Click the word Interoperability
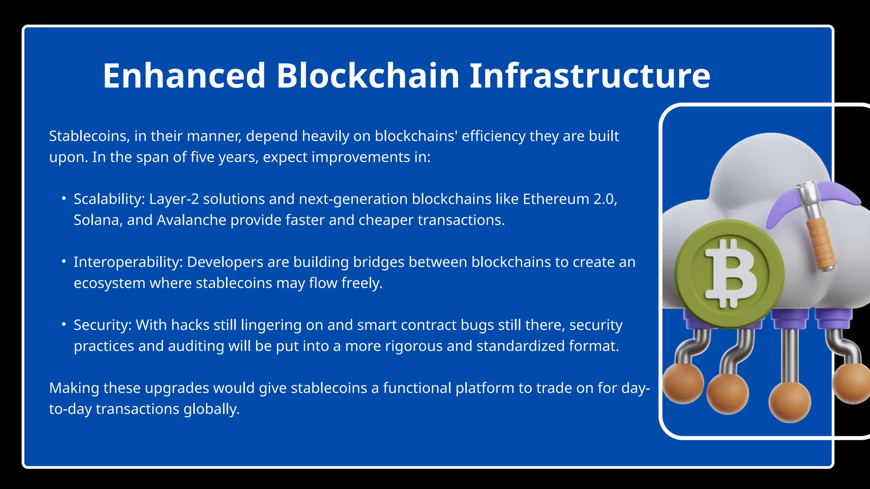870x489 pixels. pyautogui.click(x=128, y=262)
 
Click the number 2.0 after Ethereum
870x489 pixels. pyautogui.click(x=604, y=199)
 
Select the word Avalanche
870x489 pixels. pyautogui.click(x=191, y=220)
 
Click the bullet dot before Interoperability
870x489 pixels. pyautogui.click(x=63, y=261)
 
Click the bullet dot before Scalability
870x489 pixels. pyautogui.click(x=63, y=198)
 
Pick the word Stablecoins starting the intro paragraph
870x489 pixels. pyautogui.click(x=89, y=136)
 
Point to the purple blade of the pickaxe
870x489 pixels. pyautogui.click(x=786, y=206)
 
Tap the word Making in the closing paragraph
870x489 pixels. pyautogui.click(x=74, y=388)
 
